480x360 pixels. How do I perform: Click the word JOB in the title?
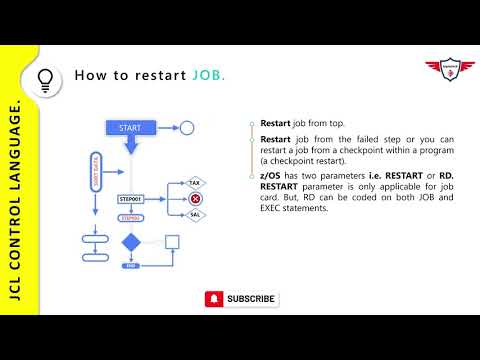(x=208, y=76)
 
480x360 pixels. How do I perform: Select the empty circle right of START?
(x=186, y=128)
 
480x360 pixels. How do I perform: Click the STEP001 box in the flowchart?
(x=132, y=199)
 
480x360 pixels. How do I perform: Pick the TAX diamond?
(x=196, y=184)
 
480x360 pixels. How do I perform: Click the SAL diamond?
(x=196, y=214)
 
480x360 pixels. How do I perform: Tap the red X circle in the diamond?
(x=196, y=199)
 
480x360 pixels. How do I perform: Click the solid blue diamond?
(x=130, y=242)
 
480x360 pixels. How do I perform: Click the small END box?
(x=130, y=266)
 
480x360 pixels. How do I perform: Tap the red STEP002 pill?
(x=130, y=217)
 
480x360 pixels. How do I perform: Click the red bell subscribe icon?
(x=214, y=298)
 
